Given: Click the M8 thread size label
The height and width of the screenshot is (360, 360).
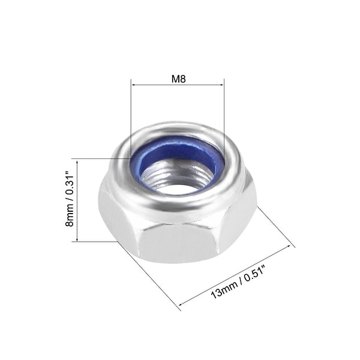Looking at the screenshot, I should tap(178, 78).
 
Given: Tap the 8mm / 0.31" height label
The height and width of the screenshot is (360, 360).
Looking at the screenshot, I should tap(70, 200).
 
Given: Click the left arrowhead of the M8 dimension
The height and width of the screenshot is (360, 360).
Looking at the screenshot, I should tap(133, 85).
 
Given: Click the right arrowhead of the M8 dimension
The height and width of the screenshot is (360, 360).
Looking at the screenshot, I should tap(222, 85).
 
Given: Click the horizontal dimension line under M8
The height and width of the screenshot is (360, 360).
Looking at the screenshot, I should tap(178, 85).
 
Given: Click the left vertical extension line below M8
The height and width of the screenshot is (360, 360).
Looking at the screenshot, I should tap(131, 120).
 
